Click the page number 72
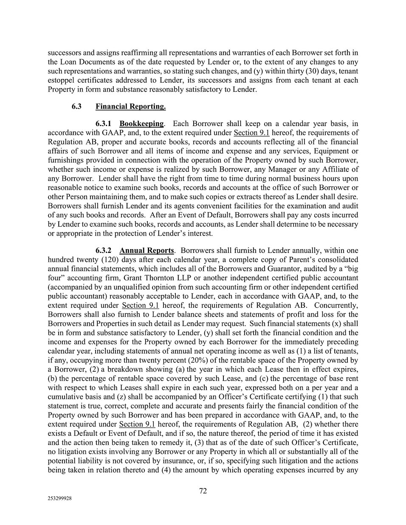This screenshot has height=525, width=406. [x=203, y=491]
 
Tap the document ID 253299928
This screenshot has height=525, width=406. [x=59, y=499]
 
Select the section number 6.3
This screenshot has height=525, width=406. [x=76, y=107]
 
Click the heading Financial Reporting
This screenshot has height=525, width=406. [x=130, y=107]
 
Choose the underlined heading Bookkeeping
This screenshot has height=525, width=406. [x=141, y=124]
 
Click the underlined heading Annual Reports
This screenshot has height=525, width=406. [x=147, y=250]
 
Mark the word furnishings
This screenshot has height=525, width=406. [x=66, y=160]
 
